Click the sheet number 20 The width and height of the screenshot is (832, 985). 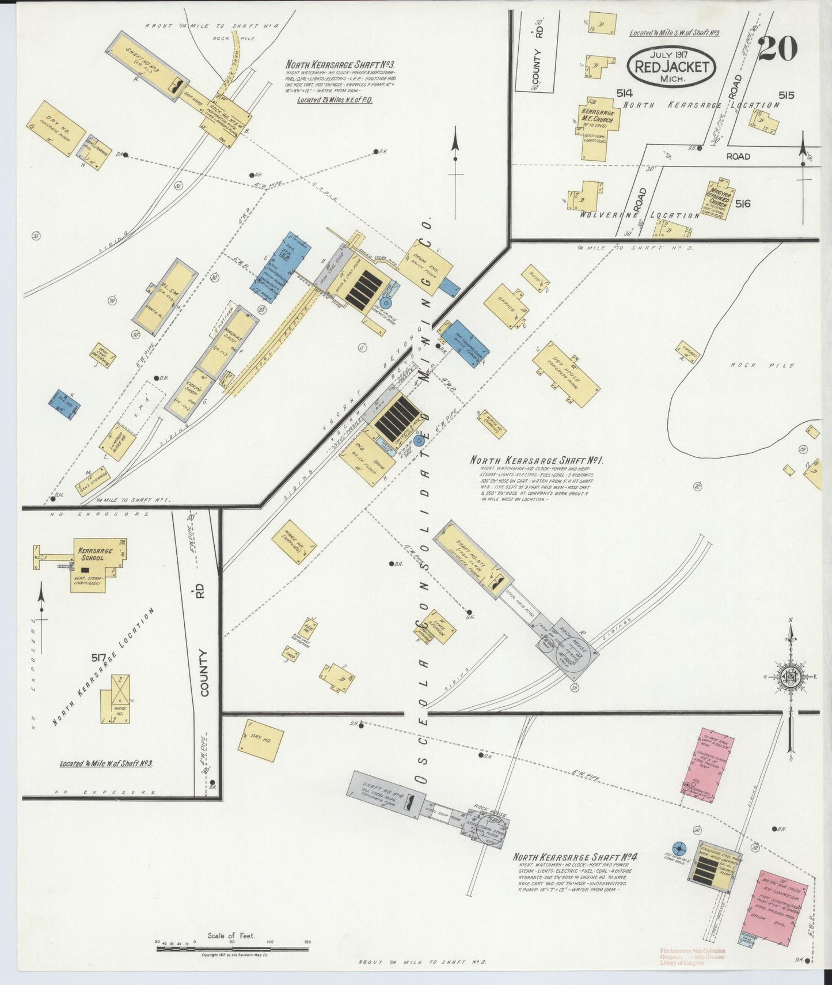point(778,48)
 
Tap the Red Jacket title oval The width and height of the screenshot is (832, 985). point(671,66)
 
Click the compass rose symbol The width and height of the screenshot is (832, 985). point(792,676)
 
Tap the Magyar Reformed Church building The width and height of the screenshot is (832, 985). point(719,201)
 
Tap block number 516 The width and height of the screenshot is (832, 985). point(743,203)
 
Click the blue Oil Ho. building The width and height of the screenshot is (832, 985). point(64,404)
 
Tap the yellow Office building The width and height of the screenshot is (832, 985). point(506,306)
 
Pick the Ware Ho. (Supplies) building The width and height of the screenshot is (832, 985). point(294,541)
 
